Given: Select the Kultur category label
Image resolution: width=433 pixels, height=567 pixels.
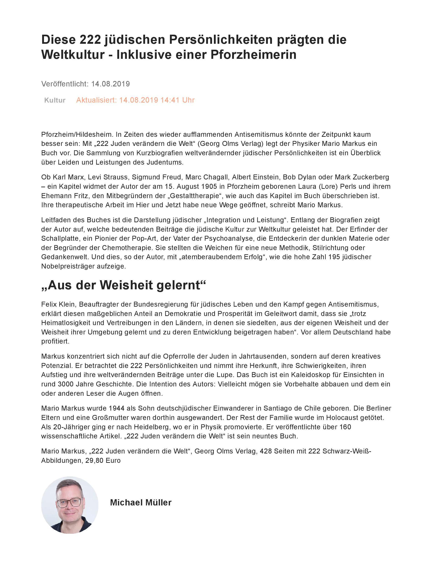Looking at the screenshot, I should [55, 100].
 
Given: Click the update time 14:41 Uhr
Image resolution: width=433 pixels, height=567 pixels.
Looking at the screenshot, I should [177, 100].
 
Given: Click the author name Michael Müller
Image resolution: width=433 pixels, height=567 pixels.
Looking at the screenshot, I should [141, 502].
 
